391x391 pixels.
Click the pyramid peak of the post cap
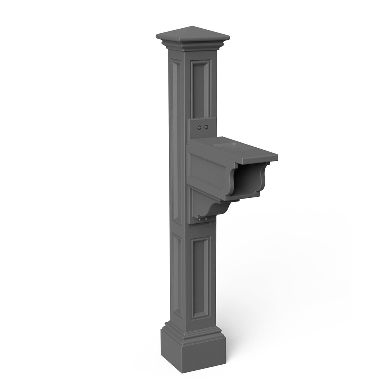tap(192, 27)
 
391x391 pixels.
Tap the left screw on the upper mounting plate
tap(200, 127)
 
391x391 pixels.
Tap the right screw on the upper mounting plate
tap(206, 127)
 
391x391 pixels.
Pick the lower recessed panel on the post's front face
tap(200, 277)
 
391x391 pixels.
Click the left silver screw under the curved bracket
tap(200, 220)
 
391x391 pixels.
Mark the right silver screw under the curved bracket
tap(206, 218)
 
